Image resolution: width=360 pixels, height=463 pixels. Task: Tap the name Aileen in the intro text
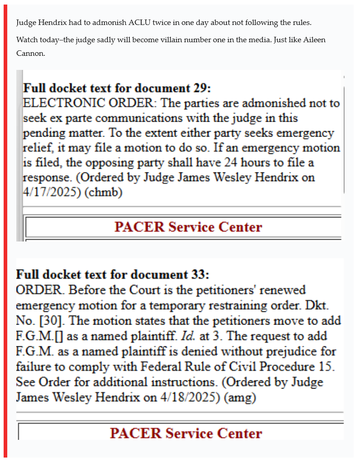[x=314, y=40]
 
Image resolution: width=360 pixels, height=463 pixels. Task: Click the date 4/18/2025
[x=187, y=398]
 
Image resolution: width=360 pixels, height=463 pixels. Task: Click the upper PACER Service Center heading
[x=188, y=227]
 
